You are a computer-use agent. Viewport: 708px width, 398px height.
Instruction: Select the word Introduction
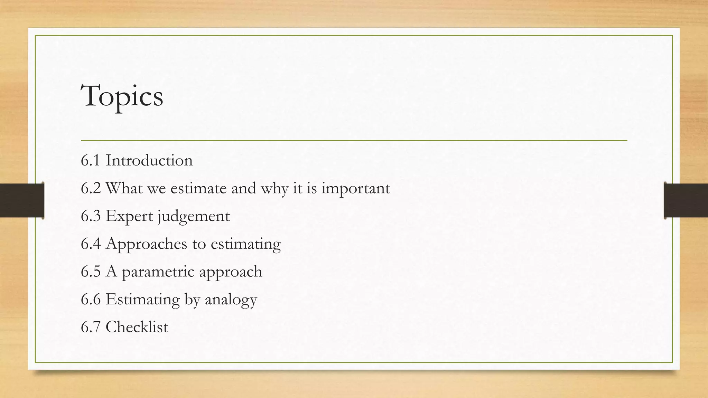[149, 160]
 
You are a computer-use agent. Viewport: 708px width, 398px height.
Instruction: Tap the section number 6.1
[91, 160]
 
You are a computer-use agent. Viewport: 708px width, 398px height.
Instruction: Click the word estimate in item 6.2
[198, 188]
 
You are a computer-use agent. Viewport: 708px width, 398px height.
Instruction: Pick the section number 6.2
[91, 188]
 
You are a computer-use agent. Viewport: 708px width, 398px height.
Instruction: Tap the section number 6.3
[91, 216]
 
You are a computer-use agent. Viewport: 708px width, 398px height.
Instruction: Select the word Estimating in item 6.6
[142, 300]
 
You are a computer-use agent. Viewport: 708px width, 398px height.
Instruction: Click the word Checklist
[137, 327]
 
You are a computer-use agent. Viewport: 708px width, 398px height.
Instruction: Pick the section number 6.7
[91, 327]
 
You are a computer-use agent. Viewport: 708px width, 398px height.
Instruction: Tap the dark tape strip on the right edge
[686, 200]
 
